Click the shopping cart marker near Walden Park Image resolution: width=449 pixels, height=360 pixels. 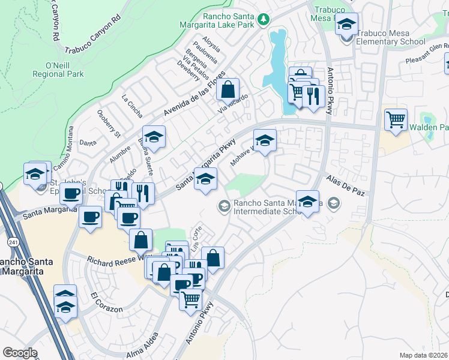396,120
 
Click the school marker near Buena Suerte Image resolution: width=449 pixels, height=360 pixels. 154,138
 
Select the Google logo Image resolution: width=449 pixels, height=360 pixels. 20,353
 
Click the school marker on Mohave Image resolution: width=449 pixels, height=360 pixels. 265,141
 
